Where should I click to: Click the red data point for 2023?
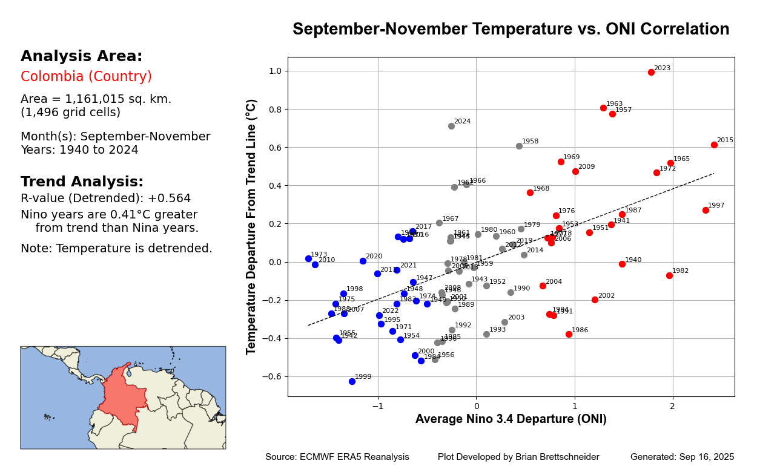tap(651, 72)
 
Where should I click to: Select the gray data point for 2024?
tap(451, 126)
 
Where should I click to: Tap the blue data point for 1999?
tap(352, 381)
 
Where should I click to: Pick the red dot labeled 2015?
tap(714, 145)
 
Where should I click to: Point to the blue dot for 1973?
tap(308, 258)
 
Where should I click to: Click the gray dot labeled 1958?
tap(519, 146)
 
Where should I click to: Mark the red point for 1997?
tap(706, 210)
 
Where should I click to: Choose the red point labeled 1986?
tap(569, 334)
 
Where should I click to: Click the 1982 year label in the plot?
tap(680, 271)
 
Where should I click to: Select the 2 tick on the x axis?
tap(672, 406)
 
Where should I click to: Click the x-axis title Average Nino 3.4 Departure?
tap(511, 419)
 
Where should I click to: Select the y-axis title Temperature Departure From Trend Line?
tap(252, 226)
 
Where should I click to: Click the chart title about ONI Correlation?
tap(511, 30)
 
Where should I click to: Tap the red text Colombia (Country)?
tap(86, 77)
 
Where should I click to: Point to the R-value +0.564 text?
tap(105, 198)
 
